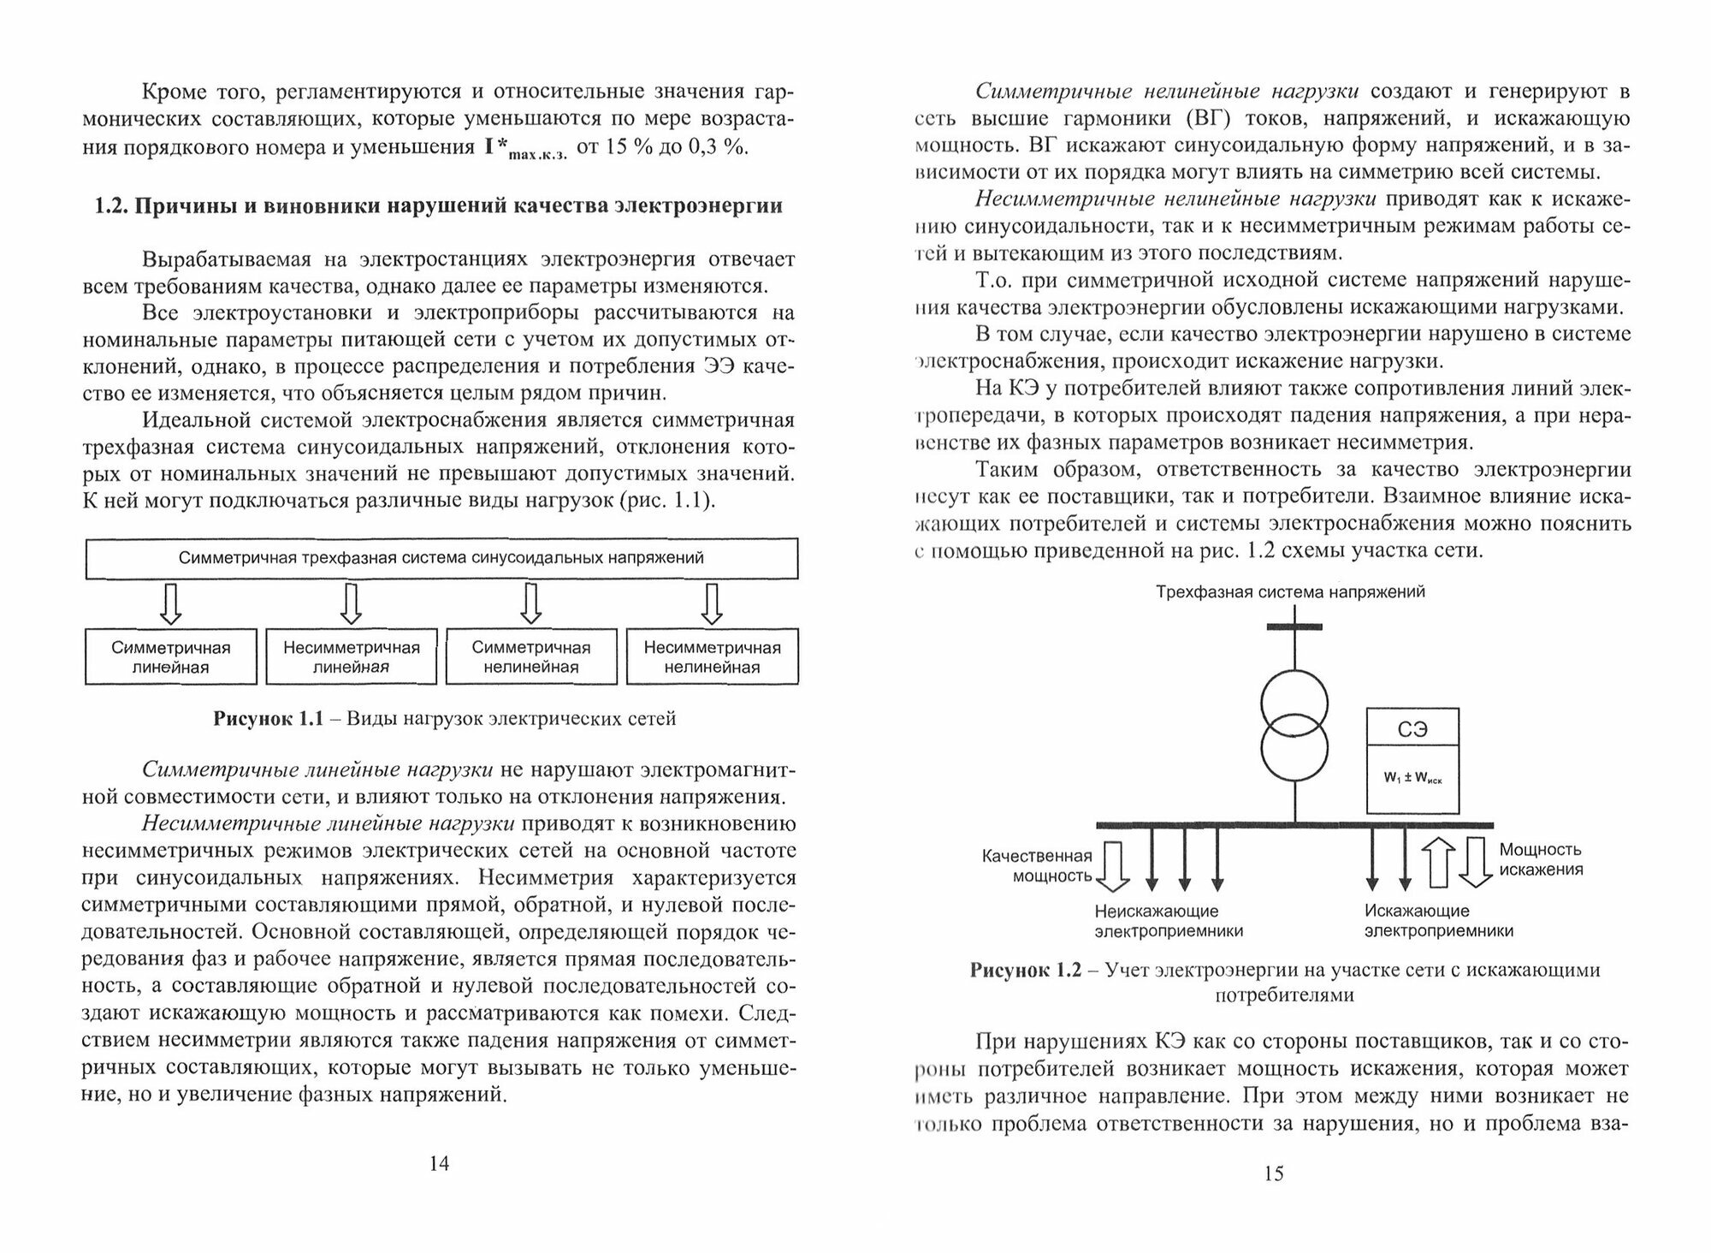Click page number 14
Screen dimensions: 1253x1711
pyautogui.click(x=438, y=1163)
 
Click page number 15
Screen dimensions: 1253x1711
pyautogui.click(x=1273, y=1173)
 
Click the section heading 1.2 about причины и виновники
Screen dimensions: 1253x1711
pyautogui.click(x=438, y=206)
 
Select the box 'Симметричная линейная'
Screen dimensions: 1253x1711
pyautogui.click(x=171, y=657)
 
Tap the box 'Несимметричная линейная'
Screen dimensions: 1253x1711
pyautogui.click(x=351, y=657)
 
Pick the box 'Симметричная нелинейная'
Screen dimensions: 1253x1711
pyautogui.click(x=531, y=657)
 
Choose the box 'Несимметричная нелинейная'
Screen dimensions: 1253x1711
pyautogui.click(x=712, y=657)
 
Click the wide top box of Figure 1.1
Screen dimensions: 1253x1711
pyautogui.click(x=441, y=559)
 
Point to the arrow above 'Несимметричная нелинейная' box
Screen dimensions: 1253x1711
pyautogui.click(x=712, y=604)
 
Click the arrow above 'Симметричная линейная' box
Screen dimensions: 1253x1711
pyautogui.click(x=171, y=604)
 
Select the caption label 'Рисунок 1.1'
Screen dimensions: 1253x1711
pyautogui.click(x=268, y=719)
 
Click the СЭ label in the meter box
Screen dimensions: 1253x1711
pyautogui.click(x=1412, y=730)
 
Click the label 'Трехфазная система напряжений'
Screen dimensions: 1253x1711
pyautogui.click(x=1290, y=591)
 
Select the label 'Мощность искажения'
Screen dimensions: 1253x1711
pyautogui.click(x=1540, y=859)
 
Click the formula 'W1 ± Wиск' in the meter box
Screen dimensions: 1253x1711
pyautogui.click(x=1412, y=778)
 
